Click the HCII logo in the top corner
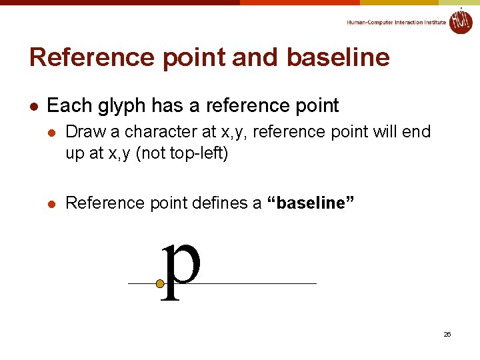click(x=461, y=21)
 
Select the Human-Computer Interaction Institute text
click(x=396, y=23)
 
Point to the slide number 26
click(x=447, y=334)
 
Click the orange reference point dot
click(x=160, y=284)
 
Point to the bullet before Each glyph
click(x=33, y=106)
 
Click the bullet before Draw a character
click(x=51, y=131)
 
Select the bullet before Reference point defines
click(x=51, y=203)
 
